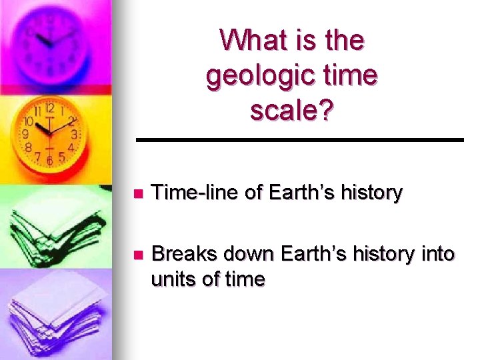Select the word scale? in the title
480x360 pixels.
(292, 110)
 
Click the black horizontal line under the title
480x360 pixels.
(299, 139)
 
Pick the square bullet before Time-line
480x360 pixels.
(138, 194)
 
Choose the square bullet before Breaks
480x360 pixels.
(138, 255)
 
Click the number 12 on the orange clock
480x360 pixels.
(49, 108)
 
